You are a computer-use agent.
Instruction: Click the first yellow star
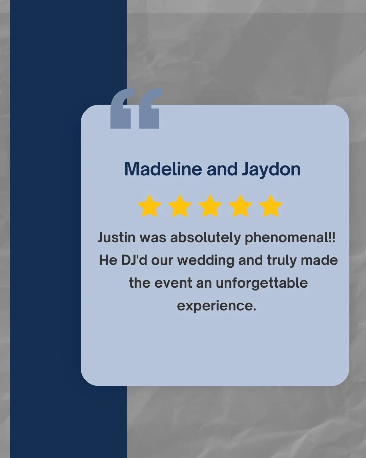149,206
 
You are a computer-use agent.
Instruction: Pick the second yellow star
180,206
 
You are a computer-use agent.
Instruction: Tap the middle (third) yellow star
210,206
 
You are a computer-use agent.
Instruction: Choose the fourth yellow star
240,206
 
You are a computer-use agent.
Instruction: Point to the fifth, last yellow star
270,206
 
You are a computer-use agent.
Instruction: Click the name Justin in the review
116,237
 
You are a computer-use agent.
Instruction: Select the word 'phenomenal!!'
290,237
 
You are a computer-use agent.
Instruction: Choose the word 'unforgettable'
262,283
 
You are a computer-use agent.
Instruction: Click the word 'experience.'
217,306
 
